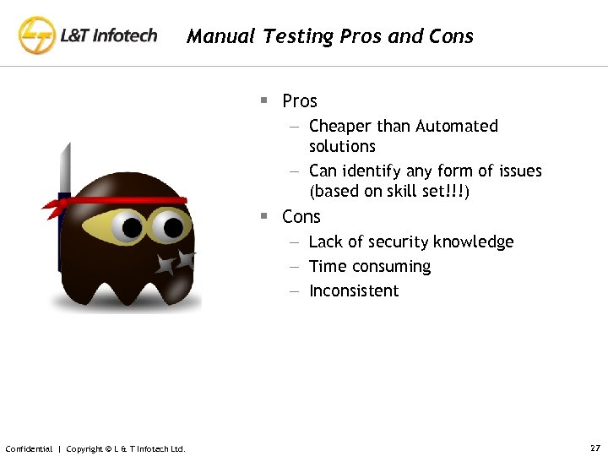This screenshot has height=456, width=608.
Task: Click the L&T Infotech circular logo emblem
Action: (36, 35)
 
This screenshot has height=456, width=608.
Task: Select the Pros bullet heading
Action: (300, 101)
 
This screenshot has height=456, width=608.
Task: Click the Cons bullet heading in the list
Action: (301, 217)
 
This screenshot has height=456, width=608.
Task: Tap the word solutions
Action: (342, 146)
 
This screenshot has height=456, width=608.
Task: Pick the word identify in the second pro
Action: (371, 171)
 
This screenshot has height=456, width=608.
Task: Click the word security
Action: (394, 242)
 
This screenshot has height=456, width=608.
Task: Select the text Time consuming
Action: (370, 267)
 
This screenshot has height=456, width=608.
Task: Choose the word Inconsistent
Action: (354, 291)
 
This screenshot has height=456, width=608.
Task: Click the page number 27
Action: (594, 448)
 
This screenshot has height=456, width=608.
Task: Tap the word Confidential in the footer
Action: (29, 448)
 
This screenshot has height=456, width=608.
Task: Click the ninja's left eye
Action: (132, 226)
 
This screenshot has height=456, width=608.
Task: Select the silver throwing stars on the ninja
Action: (176, 263)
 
